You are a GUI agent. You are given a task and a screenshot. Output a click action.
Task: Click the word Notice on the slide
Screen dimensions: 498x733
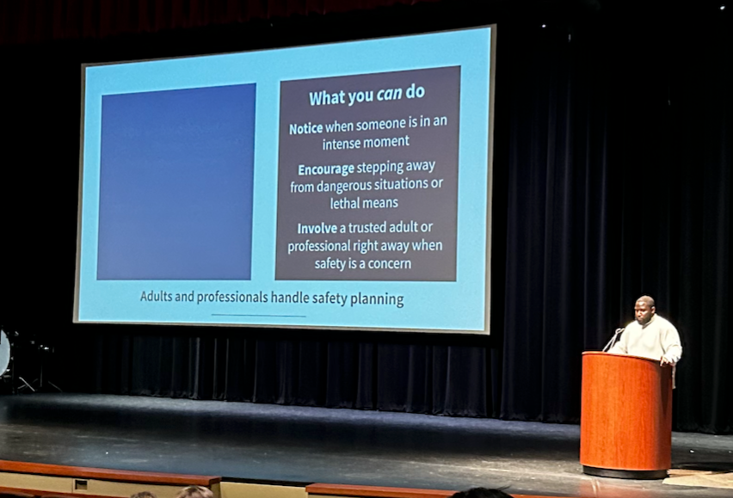pos(306,128)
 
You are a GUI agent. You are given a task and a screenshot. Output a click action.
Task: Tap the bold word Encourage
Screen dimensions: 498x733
pos(325,169)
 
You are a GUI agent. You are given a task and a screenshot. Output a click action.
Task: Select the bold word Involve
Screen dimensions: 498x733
pos(317,229)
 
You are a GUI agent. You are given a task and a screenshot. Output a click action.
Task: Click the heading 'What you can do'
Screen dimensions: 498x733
pos(366,95)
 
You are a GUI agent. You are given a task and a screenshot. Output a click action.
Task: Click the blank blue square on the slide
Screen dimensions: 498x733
pos(176,181)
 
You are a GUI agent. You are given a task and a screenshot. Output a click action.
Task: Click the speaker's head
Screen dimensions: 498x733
pos(645,307)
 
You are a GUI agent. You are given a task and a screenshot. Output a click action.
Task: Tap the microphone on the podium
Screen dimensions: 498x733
pos(614,337)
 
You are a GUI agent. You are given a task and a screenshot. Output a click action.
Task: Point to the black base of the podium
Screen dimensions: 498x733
pos(625,471)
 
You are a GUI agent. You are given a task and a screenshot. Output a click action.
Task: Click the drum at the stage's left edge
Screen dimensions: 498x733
pos(4,353)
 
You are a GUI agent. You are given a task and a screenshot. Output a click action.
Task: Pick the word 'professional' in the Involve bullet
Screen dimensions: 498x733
pos(319,247)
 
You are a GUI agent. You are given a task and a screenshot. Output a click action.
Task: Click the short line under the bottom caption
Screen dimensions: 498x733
pos(258,316)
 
